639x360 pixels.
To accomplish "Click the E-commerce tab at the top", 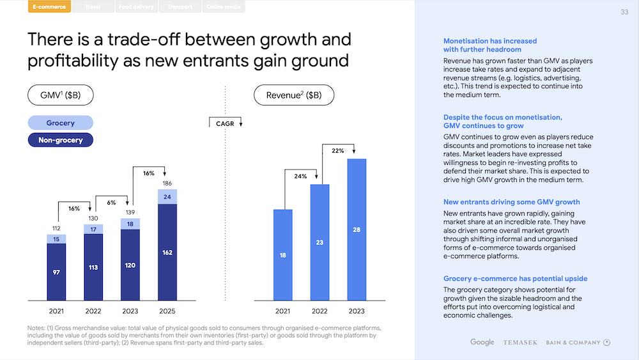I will pos(49,7).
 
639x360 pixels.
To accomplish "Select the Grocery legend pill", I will pos(61,123).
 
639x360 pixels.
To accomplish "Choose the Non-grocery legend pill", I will pos(61,139).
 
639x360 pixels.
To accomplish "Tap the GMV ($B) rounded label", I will pos(61,96).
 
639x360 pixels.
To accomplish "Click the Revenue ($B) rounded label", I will pos(294,96).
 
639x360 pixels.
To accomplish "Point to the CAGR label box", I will pos(226,123).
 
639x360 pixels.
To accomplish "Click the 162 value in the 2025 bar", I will pos(167,253).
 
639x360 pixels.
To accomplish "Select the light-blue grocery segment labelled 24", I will pos(167,197).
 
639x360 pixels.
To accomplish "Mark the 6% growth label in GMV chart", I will pos(111,203).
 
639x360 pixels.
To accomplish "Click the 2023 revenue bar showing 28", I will pos(357,230).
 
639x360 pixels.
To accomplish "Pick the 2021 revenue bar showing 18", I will pos(283,254).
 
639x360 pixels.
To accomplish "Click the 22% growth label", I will pos(338,151).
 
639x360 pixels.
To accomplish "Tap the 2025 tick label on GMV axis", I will pos(167,311).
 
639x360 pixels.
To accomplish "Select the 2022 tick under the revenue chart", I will pos(319,311).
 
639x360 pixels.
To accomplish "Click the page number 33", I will pos(624,12).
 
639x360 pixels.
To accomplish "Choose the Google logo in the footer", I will pos(482,342).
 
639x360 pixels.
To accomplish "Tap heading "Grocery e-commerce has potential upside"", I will pos(515,279).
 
